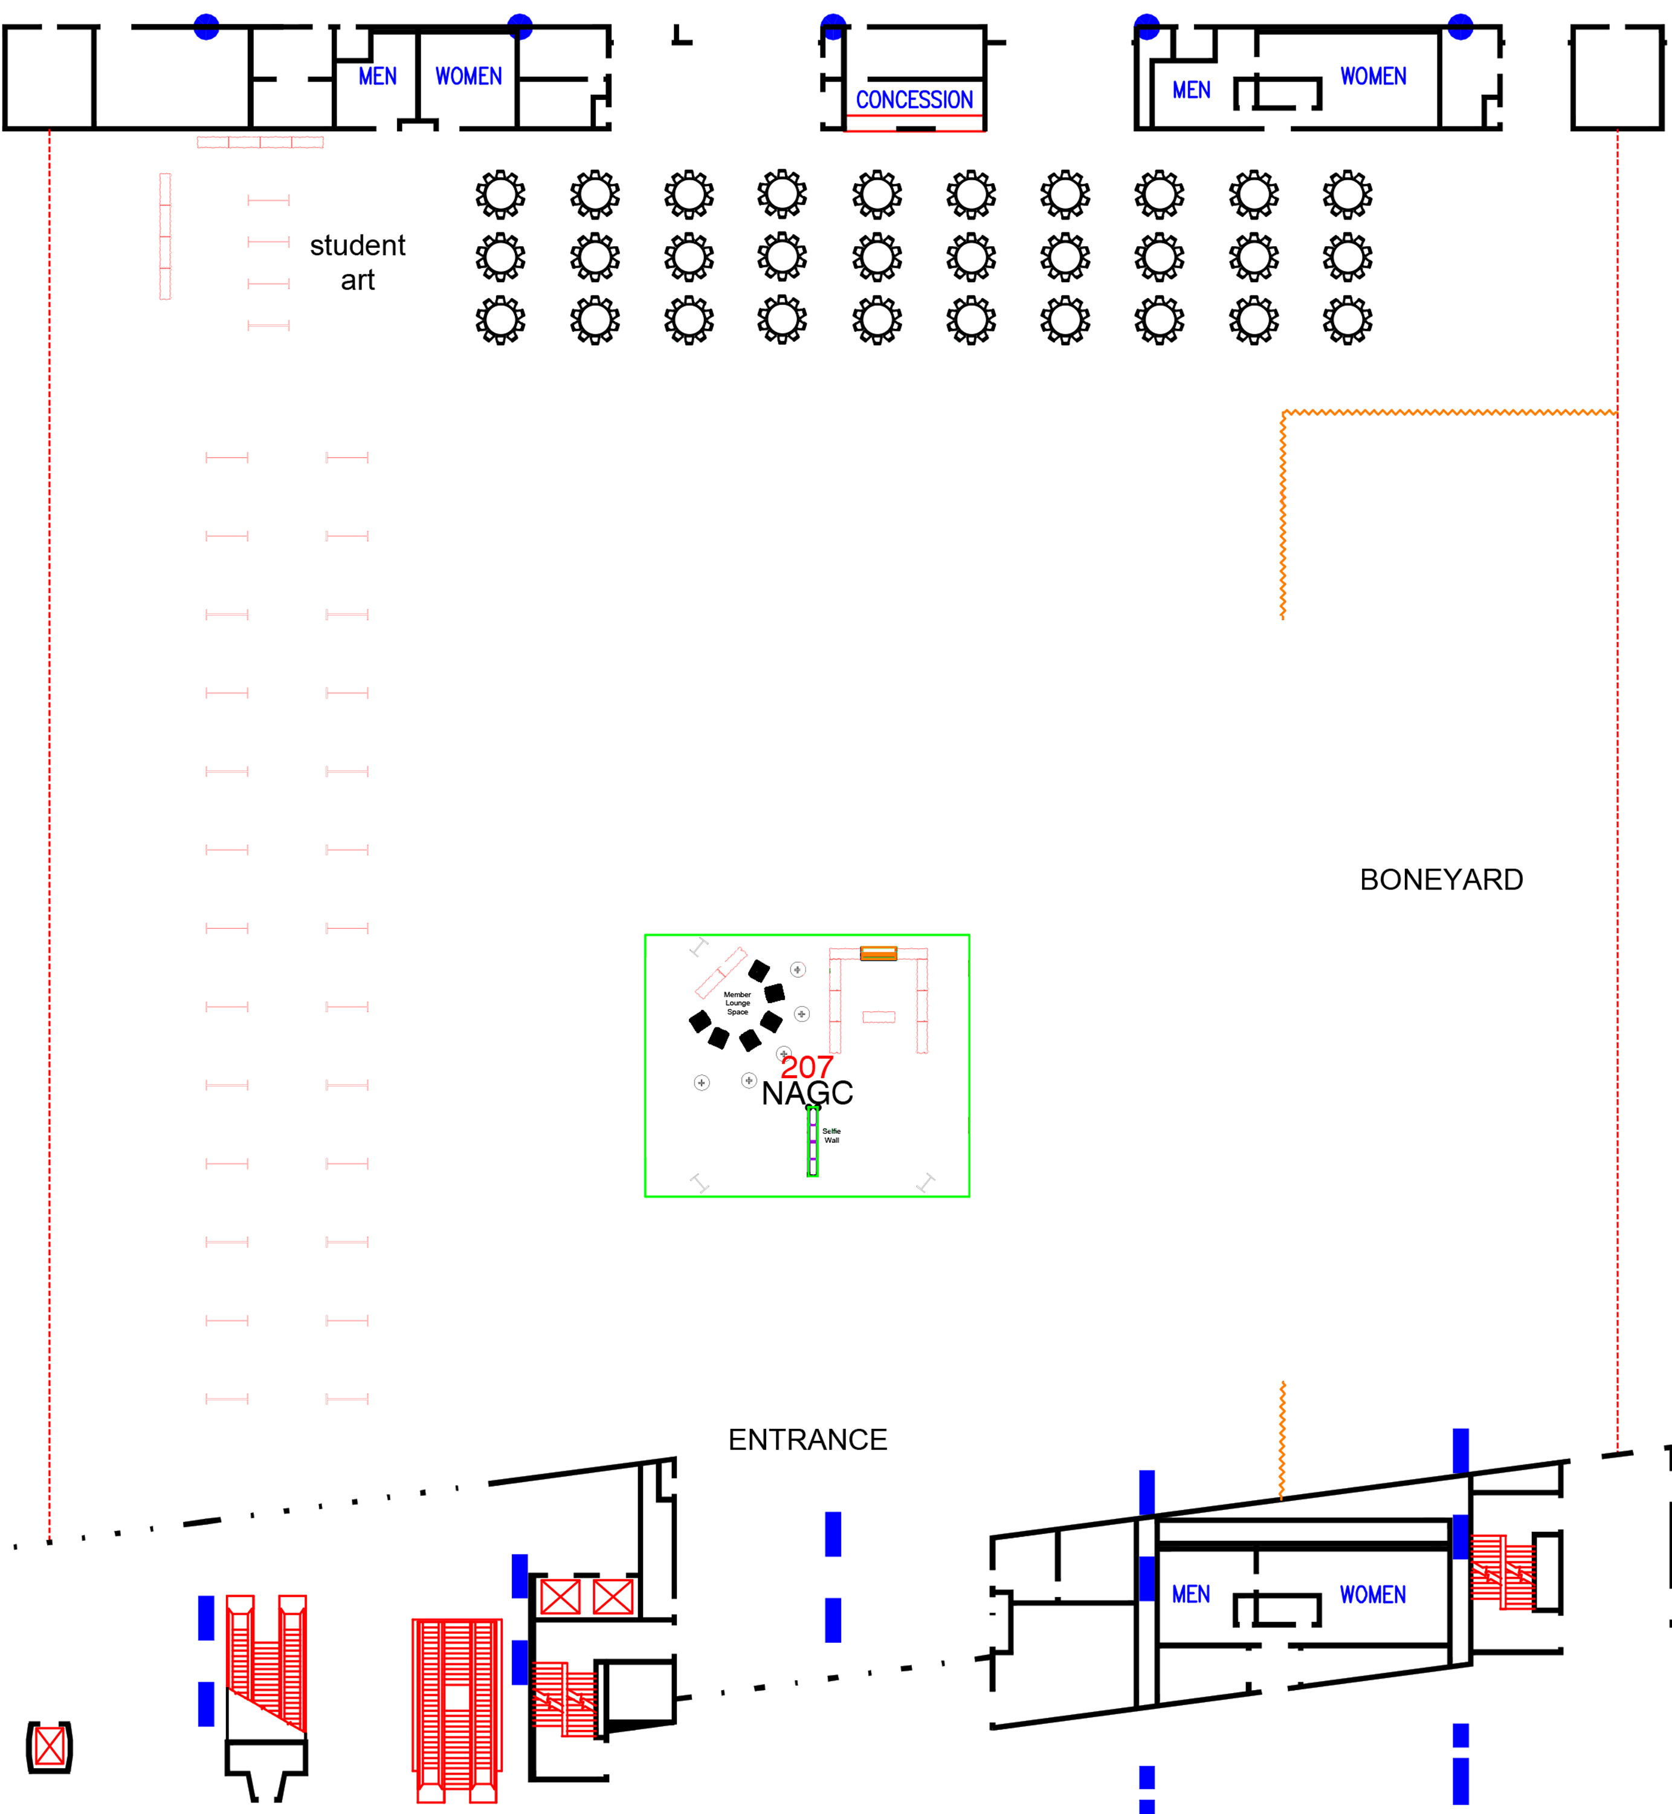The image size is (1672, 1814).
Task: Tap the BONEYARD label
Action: [1441, 880]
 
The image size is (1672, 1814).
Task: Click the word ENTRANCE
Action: [807, 1439]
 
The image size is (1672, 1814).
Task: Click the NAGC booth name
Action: [807, 1093]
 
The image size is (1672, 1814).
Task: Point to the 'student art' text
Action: [357, 262]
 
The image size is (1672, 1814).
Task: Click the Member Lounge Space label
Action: [737, 1003]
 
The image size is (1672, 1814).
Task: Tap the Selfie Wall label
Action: [831, 1136]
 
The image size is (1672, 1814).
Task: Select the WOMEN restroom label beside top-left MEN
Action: [469, 76]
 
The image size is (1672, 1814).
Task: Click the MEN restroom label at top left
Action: [377, 76]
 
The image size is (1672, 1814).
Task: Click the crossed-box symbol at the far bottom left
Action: [50, 1747]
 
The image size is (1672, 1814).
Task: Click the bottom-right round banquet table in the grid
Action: [1347, 320]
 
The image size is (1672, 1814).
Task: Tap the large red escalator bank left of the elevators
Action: [457, 1711]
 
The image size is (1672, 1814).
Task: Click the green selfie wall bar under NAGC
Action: [813, 1142]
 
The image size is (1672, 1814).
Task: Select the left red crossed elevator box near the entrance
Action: [560, 1597]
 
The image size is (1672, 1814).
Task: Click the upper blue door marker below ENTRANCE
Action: [833, 1534]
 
